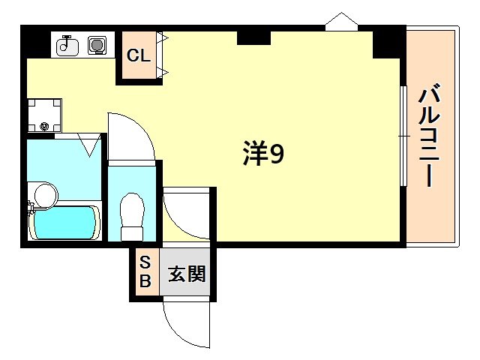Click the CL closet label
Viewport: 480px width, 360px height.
pos(137,55)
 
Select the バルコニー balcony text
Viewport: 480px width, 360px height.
pos(430,136)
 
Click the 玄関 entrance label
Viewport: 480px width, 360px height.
pos(187,274)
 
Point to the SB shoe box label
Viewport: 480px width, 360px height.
pos(145,272)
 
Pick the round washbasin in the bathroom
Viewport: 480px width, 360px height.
pos(44,195)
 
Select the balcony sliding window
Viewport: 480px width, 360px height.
pos(403,136)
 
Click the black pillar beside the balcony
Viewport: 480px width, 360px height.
pos(388,44)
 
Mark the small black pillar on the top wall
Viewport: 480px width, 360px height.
pos(253,37)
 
